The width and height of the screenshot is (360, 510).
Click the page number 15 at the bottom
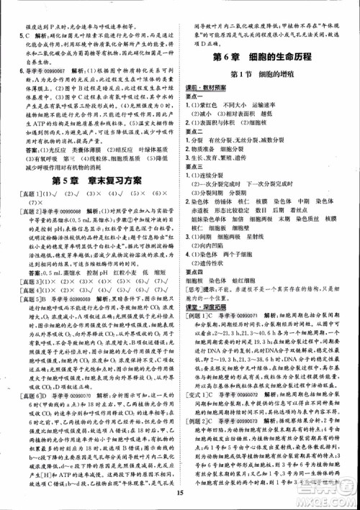(180, 491)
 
